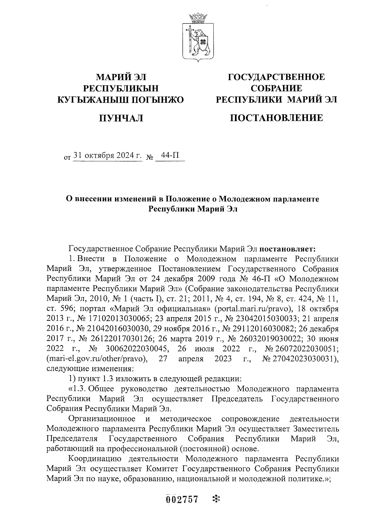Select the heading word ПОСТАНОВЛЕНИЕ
(277, 118)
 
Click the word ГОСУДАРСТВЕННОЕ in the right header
(276, 77)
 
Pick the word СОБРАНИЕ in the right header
(276, 88)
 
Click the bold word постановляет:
(287, 248)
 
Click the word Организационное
(102, 419)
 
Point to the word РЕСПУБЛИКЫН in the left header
(121, 88)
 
